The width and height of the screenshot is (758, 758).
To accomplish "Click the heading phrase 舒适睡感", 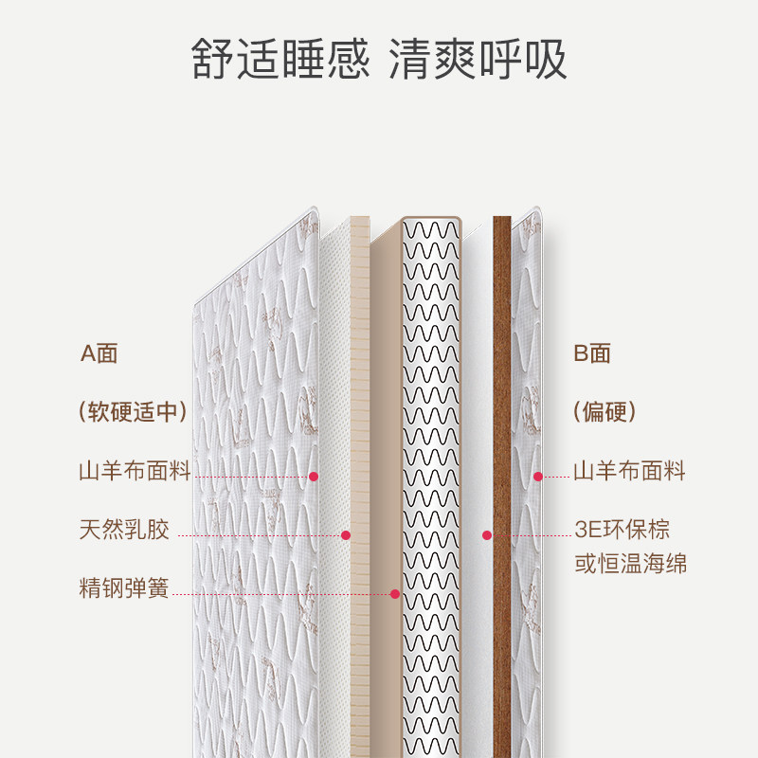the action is coord(280,59).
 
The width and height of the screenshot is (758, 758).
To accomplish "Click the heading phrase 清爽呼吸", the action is coord(478,59).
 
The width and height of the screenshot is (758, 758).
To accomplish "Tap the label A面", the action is coord(99,354).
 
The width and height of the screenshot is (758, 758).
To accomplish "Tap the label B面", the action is coord(593,354).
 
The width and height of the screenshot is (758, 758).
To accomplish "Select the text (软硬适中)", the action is coord(134,412).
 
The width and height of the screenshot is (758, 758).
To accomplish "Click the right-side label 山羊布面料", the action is coord(629,471).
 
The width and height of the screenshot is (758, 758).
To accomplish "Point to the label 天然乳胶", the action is coord(124,530).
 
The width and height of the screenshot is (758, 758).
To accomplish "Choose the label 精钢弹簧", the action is coord(124,587).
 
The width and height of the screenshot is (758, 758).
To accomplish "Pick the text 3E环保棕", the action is coord(622,530).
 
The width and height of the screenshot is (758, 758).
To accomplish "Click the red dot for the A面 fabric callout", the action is coord(314,477).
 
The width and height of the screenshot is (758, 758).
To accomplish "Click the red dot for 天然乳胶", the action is coord(346,535).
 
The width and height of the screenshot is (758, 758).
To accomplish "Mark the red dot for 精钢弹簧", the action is coord(395,594).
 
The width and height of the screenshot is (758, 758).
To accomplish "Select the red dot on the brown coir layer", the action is coord(487,535).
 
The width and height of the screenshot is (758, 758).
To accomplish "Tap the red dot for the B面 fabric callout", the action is coord(538,477).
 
